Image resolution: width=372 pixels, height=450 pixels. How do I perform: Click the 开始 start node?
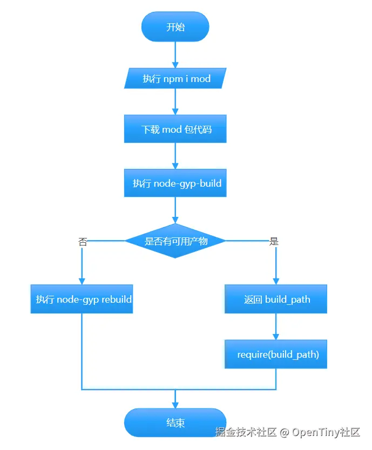[175, 27]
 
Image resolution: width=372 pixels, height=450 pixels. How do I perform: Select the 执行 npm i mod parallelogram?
[175, 79]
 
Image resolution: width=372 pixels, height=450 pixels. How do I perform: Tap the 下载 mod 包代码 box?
[175, 129]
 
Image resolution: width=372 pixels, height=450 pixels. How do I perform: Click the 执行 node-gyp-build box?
[175, 183]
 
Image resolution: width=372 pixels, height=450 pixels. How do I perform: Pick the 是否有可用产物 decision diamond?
[175, 241]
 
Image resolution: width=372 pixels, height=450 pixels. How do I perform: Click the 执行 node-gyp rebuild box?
[82, 299]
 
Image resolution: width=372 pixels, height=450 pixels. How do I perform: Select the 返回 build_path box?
[276, 299]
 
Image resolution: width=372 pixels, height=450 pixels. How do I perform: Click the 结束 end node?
[175, 422]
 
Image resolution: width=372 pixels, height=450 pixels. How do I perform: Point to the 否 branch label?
[83, 242]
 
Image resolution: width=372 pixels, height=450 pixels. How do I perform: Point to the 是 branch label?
[274, 242]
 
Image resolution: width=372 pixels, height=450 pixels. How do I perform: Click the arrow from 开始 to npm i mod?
[175, 54]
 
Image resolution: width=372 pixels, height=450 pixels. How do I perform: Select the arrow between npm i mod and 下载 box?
[175, 102]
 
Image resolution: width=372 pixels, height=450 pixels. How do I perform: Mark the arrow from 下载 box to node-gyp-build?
[175, 156]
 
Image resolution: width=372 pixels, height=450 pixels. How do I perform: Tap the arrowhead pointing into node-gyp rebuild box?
[82, 281]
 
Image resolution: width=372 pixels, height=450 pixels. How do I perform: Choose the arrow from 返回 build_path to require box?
[276, 327]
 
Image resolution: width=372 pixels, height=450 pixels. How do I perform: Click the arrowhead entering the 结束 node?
[175, 405]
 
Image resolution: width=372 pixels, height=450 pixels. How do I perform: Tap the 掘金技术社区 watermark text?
[246, 432]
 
